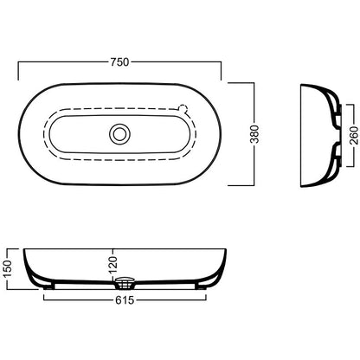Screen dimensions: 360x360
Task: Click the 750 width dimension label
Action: point(119,61)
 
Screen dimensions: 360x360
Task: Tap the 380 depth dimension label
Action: point(255,134)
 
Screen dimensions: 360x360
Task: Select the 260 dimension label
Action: point(354,135)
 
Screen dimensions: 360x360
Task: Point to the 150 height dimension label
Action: point(8,268)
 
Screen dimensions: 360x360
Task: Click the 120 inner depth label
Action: point(113,264)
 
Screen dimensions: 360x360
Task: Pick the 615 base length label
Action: point(125,300)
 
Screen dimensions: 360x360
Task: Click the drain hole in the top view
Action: point(119,134)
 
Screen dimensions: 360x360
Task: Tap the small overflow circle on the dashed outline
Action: point(183,108)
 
